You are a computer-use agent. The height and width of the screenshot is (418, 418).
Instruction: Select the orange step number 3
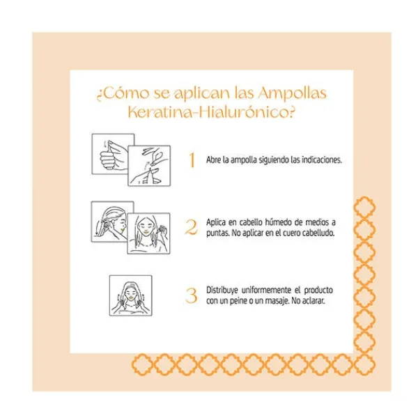[192, 295]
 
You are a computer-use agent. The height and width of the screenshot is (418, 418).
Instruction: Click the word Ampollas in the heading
[288, 93]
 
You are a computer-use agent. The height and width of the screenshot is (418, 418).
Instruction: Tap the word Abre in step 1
[215, 160]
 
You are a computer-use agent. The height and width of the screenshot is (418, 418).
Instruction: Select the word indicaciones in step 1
[319, 160]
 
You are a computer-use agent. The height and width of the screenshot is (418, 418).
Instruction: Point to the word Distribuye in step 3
[224, 289]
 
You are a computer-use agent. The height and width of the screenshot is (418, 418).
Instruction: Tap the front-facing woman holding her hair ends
[148, 234]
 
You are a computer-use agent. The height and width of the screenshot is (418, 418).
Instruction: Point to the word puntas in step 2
[219, 233]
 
